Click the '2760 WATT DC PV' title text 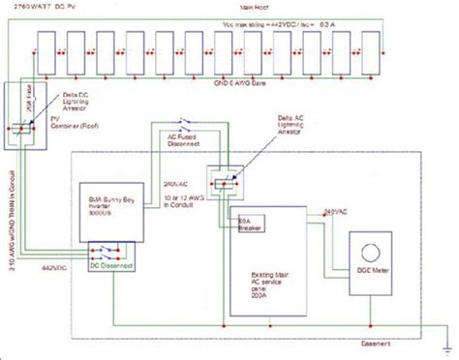tap(45, 9)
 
